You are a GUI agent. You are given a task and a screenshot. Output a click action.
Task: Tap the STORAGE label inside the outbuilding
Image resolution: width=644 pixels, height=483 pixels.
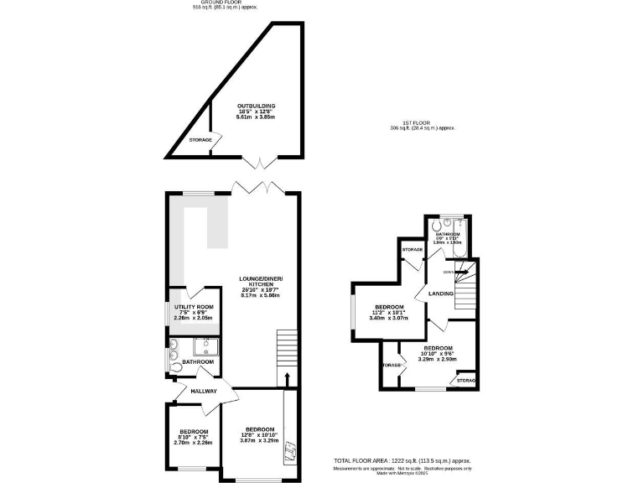pos(200,139)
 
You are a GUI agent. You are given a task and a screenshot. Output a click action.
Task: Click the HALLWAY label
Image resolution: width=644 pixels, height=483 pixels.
pos(203,391)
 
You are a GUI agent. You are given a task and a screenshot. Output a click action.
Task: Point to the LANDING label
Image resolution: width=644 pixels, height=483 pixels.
pos(440,293)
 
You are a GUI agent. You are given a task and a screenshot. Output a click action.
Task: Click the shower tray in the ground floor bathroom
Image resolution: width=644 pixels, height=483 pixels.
pos(205,347)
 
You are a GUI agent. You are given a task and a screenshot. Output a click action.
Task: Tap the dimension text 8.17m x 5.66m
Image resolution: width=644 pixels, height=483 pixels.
pos(261,296)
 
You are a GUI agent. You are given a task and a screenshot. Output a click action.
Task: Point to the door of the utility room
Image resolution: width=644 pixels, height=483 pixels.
pos(194,293)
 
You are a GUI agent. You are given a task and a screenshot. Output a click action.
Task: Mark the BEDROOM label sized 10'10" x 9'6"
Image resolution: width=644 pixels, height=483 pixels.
pos(438,348)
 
